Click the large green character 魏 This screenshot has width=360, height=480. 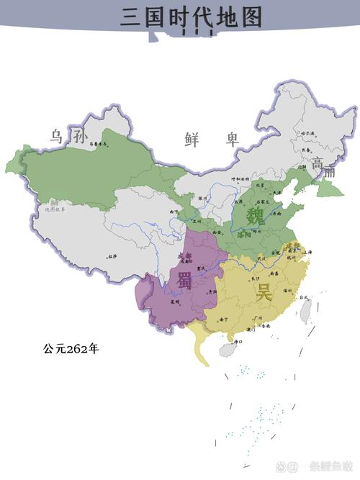point(256,215)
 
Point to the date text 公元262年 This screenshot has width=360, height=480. point(71,349)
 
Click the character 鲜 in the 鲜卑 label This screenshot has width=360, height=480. point(192,139)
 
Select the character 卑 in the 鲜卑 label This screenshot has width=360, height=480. point(231,139)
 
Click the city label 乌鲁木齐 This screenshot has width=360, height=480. point(97,144)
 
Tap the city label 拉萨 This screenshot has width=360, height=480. point(112,256)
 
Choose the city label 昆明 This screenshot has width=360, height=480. point(174,302)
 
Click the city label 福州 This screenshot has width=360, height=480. point(287,289)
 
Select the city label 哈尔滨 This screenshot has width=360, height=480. point(309,132)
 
